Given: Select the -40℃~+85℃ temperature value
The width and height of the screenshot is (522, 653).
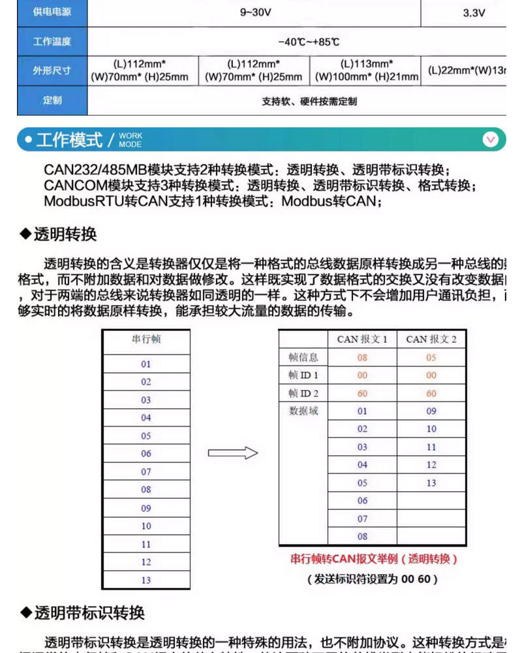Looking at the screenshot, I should point(309,42).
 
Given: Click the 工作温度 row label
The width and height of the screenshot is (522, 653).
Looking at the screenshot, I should point(52,42).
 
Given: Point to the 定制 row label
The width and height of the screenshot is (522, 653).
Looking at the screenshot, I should point(52,101).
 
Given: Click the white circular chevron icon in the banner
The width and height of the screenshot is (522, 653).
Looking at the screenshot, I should point(490,139).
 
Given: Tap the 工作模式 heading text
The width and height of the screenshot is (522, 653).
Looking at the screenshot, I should point(70,140).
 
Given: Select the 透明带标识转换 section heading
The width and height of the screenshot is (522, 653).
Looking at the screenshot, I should point(82,613).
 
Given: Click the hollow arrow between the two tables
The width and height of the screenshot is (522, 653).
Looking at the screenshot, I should point(233,453).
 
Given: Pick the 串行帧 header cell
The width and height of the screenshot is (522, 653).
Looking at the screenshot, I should point(146,340).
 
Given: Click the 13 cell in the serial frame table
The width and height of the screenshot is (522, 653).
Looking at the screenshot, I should point(146,580).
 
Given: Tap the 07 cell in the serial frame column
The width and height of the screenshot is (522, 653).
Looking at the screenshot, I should point(146,471).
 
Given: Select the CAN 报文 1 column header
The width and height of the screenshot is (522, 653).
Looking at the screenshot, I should point(362,340).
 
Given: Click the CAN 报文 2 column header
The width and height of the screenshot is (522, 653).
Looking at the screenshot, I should point(431,340).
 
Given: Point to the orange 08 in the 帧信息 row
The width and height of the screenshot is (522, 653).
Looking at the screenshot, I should point(362,358).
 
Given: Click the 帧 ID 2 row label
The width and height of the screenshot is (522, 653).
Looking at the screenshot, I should point(303,394).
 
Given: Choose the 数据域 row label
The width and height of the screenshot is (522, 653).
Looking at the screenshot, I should point(303,411).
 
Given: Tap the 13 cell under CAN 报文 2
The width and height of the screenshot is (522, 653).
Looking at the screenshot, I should point(431,483).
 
